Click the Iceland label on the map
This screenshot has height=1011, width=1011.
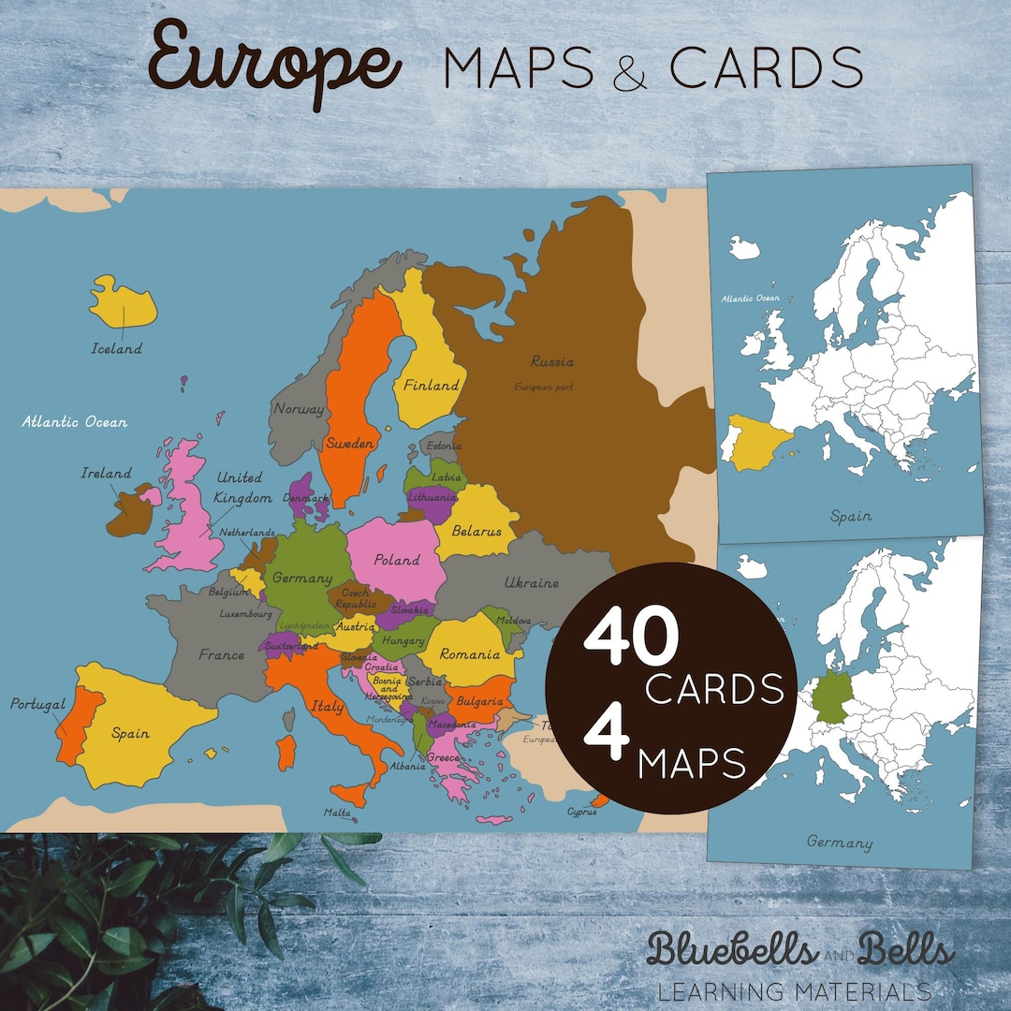click(x=116, y=348)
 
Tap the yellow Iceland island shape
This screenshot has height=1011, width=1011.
click(x=124, y=301)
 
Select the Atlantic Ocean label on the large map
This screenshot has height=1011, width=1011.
click(x=74, y=421)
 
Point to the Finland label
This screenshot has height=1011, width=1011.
click(x=431, y=384)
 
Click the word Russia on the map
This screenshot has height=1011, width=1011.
click(x=551, y=360)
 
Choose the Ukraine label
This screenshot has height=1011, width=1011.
click(x=531, y=582)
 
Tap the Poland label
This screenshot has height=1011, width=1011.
click(x=397, y=560)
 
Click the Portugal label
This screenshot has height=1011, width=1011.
click(x=37, y=704)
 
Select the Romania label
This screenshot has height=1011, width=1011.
click(x=474, y=653)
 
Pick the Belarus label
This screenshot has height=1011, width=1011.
click(x=476, y=531)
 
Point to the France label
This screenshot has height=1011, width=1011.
click(x=221, y=654)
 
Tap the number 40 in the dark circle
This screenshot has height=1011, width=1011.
click(x=630, y=638)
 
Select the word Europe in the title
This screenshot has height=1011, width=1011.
click(x=274, y=63)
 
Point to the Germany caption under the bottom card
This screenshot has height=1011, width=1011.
click(x=840, y=842)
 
